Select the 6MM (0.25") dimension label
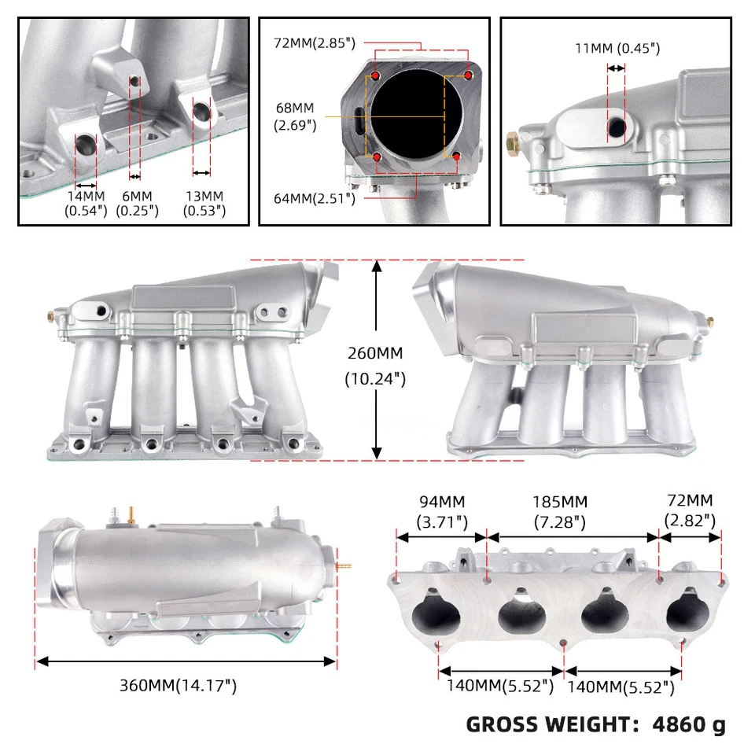(x=137, y=203)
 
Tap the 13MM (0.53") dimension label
(x=203, y=203)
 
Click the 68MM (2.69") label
(x=295, y=116)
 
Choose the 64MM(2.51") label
(x=315, y=198)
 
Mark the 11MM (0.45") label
(x=617, y=49)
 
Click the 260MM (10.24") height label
(x=376, y=366)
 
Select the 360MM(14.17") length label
(x=178, y=685)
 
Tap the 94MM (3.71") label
(x=441, y=510)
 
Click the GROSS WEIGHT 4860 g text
(x=595, y=724)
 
